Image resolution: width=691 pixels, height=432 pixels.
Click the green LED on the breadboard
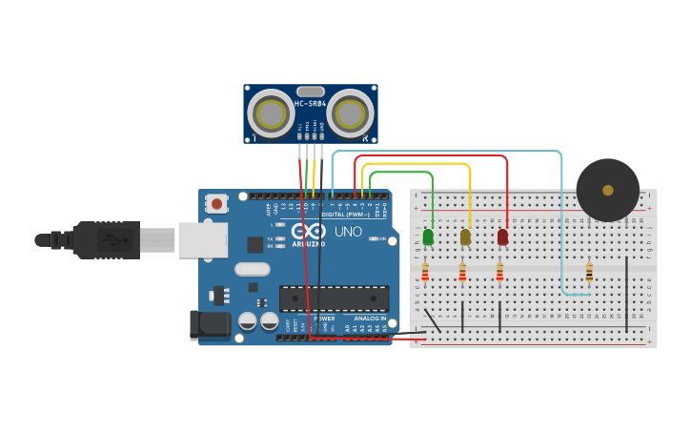[x=428, y=237]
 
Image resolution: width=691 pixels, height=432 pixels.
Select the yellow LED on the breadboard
[x=465, y=237]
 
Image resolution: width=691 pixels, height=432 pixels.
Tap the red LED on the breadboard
[x=502, y=237]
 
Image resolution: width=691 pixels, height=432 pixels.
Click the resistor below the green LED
[x=425, y=274]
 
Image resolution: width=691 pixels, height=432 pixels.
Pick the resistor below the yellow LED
[x=462, y=274]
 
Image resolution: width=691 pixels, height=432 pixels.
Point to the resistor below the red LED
[x=499, y=274]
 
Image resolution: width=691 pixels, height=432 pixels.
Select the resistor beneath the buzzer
[x=588, y=273]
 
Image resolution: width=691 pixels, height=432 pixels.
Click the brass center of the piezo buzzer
[x=608, y=190]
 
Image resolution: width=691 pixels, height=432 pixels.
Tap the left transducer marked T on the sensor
[x=271, y=114]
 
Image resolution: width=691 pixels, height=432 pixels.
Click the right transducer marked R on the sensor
[x=350, y=114]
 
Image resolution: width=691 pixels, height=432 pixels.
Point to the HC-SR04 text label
[x=311, y=103]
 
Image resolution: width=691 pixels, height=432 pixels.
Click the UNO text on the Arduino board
[x=348, y=231]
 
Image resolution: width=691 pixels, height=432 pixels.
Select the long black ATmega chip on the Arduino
[x=334, y=298]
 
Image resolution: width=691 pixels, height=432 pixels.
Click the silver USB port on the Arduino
[x=203, y=239]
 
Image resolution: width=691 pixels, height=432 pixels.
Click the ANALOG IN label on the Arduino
[x=370, y=318]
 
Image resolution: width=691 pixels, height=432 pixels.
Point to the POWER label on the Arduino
[x=325, y=318]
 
